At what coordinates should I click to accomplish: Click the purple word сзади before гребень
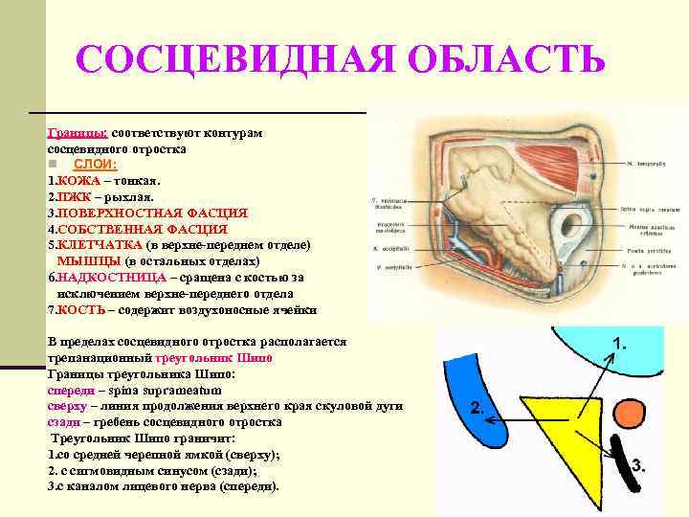[x=63, y=422]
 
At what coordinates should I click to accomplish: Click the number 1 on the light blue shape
[x=620, y=343]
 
